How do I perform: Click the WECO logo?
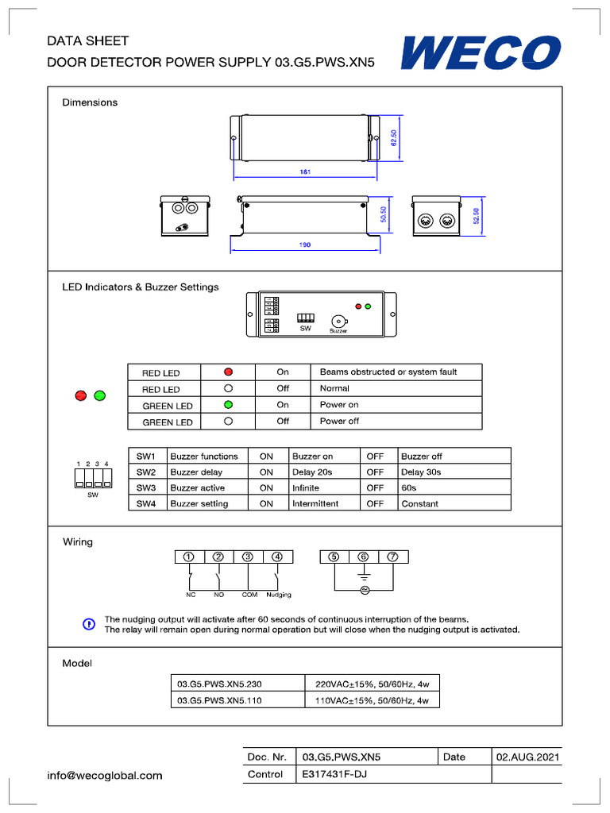click(481, 54)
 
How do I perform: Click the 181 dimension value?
click(304, 172)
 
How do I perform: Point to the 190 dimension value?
click(304, 245)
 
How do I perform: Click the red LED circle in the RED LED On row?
click(228, 372)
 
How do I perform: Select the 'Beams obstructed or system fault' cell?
click(388, 372)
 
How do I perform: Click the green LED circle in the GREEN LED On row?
click(228, 405)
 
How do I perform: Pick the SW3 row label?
click(147, 487)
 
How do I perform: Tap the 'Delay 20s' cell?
click(311, 472)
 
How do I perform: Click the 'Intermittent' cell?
click(315, 503)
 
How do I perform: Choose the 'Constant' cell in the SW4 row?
click(419, 503)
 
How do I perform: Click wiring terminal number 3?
click(249, 557)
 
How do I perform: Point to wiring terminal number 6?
click(363, 557)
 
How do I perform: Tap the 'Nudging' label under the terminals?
click(279, 595)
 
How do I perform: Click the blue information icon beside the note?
click(88, 624)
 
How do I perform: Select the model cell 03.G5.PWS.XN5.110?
click(219, 700)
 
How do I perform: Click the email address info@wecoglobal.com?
click(105, 775)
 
